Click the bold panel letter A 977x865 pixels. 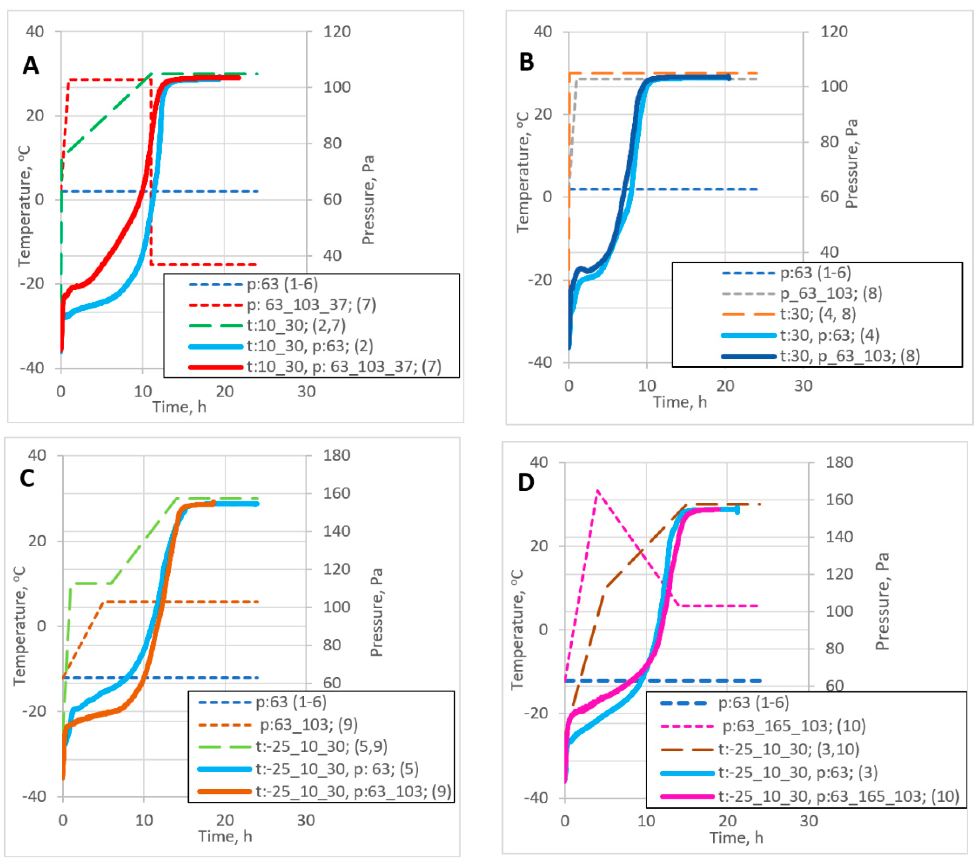(x=31, y=65)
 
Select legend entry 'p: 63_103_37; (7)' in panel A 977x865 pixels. (x=311, y=305)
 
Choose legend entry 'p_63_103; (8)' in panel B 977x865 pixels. (x=831, y=293)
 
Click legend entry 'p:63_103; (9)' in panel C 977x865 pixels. (x=309, y=725)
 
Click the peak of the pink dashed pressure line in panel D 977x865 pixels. (x=597, y=491)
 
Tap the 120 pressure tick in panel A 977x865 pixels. (x=337, y=32)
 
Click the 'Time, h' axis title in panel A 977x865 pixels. (x=179, y=407)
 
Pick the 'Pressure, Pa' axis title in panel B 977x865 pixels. (x=851, y=163)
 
